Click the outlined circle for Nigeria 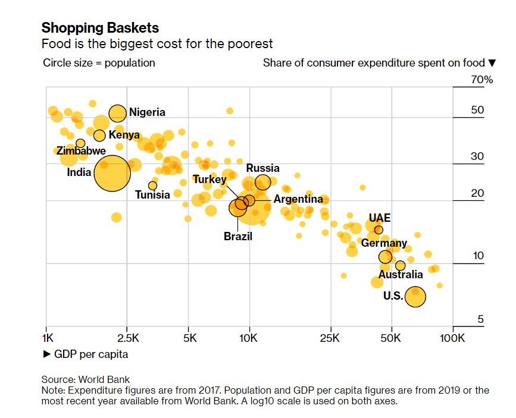point(118,113)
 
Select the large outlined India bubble point(111,172)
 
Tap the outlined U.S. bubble point(415,296)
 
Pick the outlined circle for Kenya point(99,136)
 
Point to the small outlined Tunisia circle point(152,186)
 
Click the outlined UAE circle point(379,230)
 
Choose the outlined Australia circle point(401,265)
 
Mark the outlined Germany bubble point(386,257)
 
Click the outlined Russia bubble point(263,182)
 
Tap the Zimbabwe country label point(82,151)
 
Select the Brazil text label point(238,237)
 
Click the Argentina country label point(298,200)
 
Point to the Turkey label point(209,180)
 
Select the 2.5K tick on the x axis point(129,338)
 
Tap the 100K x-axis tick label point(452,338)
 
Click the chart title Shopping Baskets point(100,28)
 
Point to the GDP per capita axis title point(86,354)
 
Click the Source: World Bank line point(86,379)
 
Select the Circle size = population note point(99,63)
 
